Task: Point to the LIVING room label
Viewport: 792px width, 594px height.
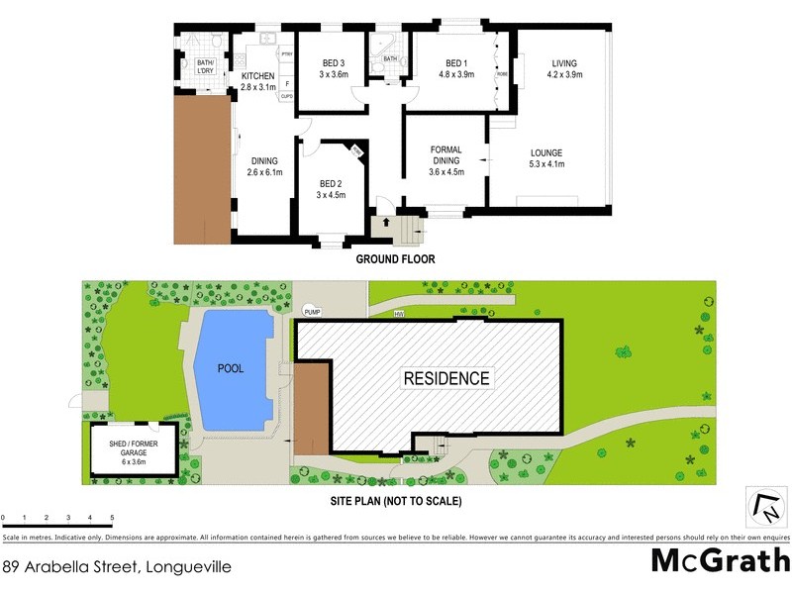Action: click(x=565, y=67)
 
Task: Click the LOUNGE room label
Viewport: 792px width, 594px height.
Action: click(x=545, y=158)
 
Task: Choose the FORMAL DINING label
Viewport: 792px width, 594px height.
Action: click(x=446, y=158)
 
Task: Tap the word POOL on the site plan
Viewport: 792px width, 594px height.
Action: click(x=233, y=368)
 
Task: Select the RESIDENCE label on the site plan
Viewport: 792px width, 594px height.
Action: click(x=445, y=378)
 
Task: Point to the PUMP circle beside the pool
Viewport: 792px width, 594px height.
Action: click(x=312, y=312)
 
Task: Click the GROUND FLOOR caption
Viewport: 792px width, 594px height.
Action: click(x=395, y=259)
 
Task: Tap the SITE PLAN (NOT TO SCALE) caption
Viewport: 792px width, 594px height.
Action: click(x=395, y=501)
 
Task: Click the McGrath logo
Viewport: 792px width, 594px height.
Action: click(x=719, y=561)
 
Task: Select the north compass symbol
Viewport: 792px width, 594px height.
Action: click(x=766, y=508)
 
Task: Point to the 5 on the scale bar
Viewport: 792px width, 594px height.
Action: click(x=112, y=519)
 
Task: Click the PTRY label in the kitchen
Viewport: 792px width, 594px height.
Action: click(x=286, y=54)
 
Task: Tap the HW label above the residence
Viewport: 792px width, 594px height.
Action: click(x=400, y=315)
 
